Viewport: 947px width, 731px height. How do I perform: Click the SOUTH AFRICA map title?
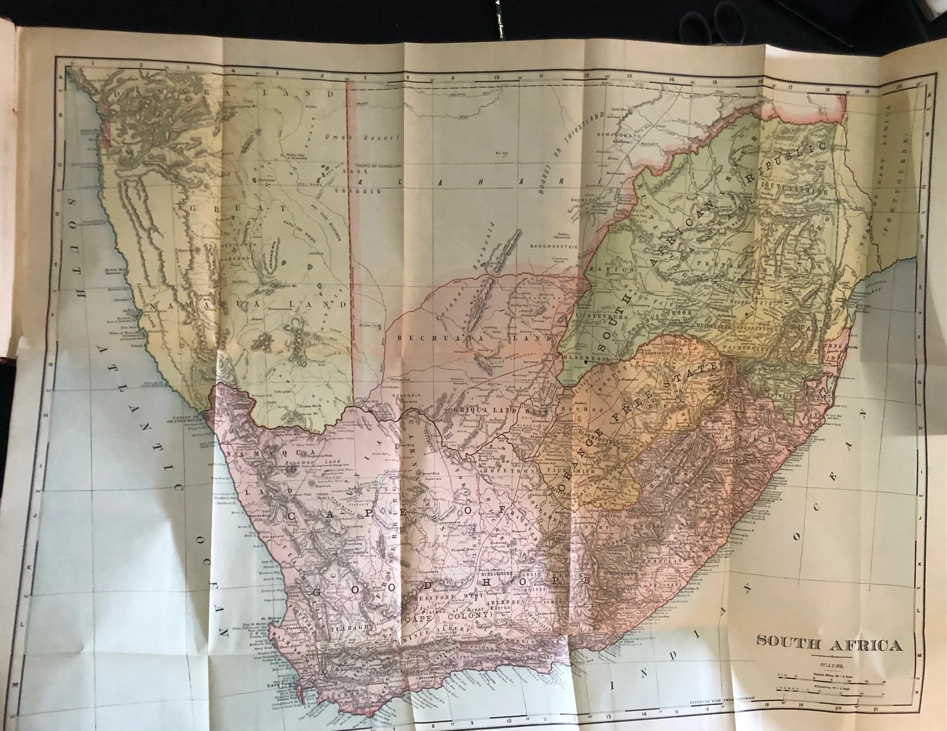coord(828,646)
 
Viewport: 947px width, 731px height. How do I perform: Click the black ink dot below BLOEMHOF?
coord(587,363)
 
